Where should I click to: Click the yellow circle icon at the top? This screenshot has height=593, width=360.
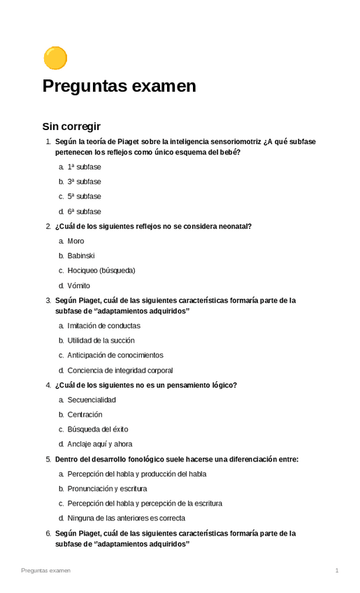pyautogui.click(x=55, y=58)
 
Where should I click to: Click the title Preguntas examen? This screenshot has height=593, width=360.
pyautogui.click(x=119, y=87)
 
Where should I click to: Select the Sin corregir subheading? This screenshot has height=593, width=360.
pyautogui.click(x=71, y=127)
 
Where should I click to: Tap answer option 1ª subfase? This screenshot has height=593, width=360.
pyautogui.click(x=84, y=167)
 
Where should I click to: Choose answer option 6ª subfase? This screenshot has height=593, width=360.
pyautogui.click(x=84, y=211)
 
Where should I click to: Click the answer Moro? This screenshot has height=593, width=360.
pyautogui.click(x=75, y=241)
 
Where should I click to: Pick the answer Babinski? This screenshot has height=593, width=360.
pyautogui.click(x=81, y=256)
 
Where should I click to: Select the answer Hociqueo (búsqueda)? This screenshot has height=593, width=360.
pyautogui.click(x=101, y=271)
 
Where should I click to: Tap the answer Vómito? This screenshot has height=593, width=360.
pyautogui.click(x=79, y=285)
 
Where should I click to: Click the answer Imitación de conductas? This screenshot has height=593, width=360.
pyautogui.click(x=103, y=326)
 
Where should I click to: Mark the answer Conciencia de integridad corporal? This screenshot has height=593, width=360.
pyautogui.click(x=120, y=371)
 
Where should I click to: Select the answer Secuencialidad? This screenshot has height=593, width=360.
pyautogui.click(x=92, y=400)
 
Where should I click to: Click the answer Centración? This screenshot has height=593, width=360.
pyautogui.click(x=85, y=415)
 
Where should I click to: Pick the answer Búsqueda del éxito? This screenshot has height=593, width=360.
pyautogui.click(x=98, y=429)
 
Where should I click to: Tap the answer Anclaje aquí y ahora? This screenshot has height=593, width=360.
pyautogui.click(x=100, y=444)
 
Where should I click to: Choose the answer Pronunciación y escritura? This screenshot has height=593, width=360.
pyautogui.click(x=107, y=489)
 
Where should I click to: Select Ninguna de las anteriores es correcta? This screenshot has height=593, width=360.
pyautogui.click(x=126, y=518)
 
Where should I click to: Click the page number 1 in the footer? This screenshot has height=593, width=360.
pyautogui.click(x=337, y=571)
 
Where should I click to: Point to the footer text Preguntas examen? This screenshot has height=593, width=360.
pyautogui.click(x=45, y=571)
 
